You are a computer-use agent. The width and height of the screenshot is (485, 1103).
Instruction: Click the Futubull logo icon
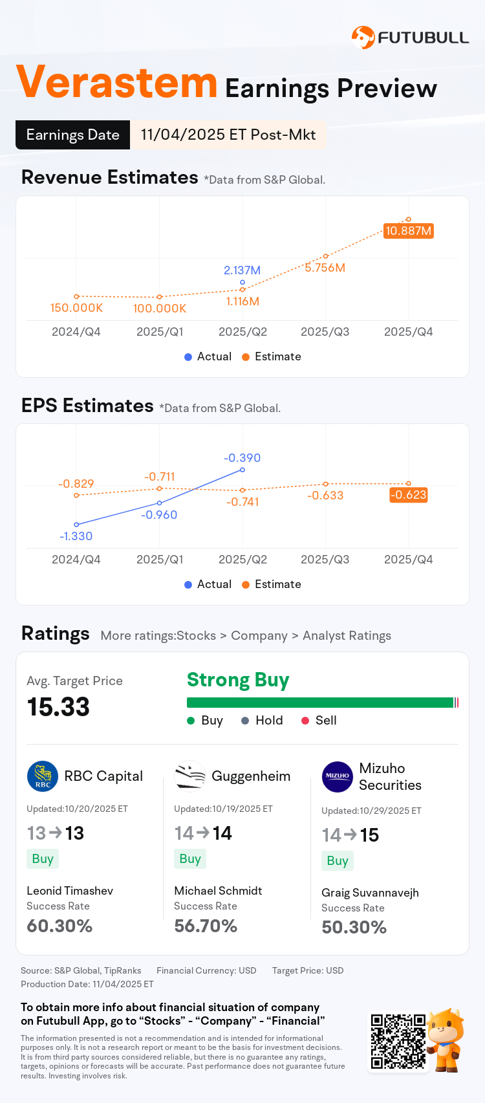click(x=363, y=37)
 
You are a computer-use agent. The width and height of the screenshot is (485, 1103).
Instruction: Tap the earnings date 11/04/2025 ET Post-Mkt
click(x=228, y=135)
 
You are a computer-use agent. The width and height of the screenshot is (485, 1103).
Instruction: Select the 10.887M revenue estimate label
click(x=408, y=231)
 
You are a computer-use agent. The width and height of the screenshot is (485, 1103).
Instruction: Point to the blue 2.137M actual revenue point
click(x=242, y=282)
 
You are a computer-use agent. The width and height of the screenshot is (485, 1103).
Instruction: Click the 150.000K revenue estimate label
click(x=76, y=308)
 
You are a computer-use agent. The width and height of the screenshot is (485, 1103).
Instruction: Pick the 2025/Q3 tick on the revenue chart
click(x=325, y=332)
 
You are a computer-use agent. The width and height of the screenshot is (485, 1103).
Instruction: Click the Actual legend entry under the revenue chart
click(x=208, y=356)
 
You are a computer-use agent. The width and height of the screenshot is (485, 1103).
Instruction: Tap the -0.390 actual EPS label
click(x=242, y=458)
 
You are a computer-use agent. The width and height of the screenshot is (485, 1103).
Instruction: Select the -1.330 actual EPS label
click(x=76, y=536)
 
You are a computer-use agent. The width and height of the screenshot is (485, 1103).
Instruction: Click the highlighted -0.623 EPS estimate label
click(x=408, y=495)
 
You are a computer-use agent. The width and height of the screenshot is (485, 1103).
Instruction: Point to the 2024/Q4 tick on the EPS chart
click(x=76, y=560)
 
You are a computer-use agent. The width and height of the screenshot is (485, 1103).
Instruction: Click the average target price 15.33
click(x=58, y=707)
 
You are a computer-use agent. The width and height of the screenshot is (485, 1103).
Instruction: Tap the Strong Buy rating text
click(x=238, y=680)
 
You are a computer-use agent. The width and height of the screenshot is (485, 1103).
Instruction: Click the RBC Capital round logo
click(x=43, y=776)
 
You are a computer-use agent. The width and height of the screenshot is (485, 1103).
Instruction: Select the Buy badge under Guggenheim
click(x=189, y=859)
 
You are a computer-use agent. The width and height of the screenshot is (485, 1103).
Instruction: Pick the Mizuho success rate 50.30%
click(x=354, y=928)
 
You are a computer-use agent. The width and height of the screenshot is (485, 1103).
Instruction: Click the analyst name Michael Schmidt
click(x=218, y=891)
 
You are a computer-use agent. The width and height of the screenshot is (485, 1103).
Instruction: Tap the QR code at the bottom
click(x=398, y=1042)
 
